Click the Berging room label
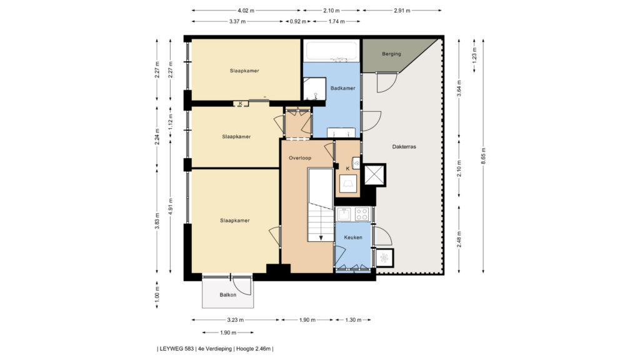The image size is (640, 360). coord(391,54)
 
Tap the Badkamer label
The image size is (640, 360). coord(343,88)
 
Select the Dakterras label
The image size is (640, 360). coord(404,146)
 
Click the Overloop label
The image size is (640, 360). coord(300,158)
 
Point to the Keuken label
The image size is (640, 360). coord(353,237)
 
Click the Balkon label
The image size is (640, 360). coord(227,295)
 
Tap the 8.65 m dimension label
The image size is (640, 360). coord(484,156)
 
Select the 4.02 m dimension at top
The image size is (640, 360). coord(246,11)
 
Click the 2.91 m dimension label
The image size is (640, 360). coord(402,11)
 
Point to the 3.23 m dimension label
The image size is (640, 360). coord(236,320)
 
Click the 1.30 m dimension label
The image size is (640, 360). coord(353,320)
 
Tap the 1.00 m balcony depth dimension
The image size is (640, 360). coord(157,295)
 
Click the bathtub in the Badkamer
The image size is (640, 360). coord(332,51)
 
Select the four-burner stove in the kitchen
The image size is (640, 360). coord(362,214)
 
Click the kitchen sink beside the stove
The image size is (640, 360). coord(344,214)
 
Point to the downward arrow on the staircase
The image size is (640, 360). coord(321,237)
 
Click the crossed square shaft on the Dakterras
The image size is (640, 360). coord(374,175)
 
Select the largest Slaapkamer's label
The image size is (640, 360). coord(235,221)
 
